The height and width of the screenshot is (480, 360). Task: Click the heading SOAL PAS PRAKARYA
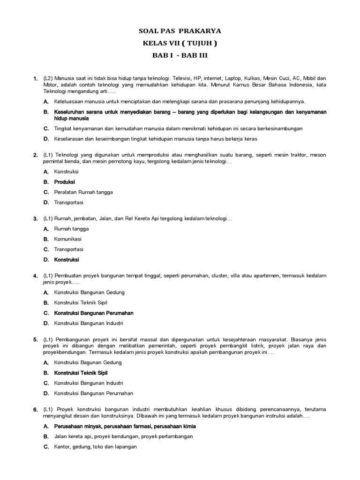(180, 31)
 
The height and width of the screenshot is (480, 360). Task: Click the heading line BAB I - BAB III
(180, 56)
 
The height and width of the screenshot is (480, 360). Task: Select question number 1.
(35, 78)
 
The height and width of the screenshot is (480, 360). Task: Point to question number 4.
(35, 276)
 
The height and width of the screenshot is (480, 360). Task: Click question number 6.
(35, 410)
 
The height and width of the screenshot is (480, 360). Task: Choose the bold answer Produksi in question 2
(65, 182)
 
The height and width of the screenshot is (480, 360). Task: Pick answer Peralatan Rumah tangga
(83, 192)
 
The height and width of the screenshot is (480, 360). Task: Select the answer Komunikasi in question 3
(67, 239)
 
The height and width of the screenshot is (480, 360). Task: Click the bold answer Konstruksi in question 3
(67, 260)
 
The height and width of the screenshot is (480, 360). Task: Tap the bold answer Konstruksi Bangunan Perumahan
(94, 313)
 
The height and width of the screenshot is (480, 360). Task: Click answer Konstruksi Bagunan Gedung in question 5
(88, 362)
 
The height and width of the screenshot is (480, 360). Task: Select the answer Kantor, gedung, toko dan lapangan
(96, 447)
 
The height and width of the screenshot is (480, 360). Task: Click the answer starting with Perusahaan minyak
(125, 426)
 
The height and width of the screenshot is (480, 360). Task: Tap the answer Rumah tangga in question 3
(71, 229)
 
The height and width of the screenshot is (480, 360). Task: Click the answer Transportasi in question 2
(68, 202)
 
